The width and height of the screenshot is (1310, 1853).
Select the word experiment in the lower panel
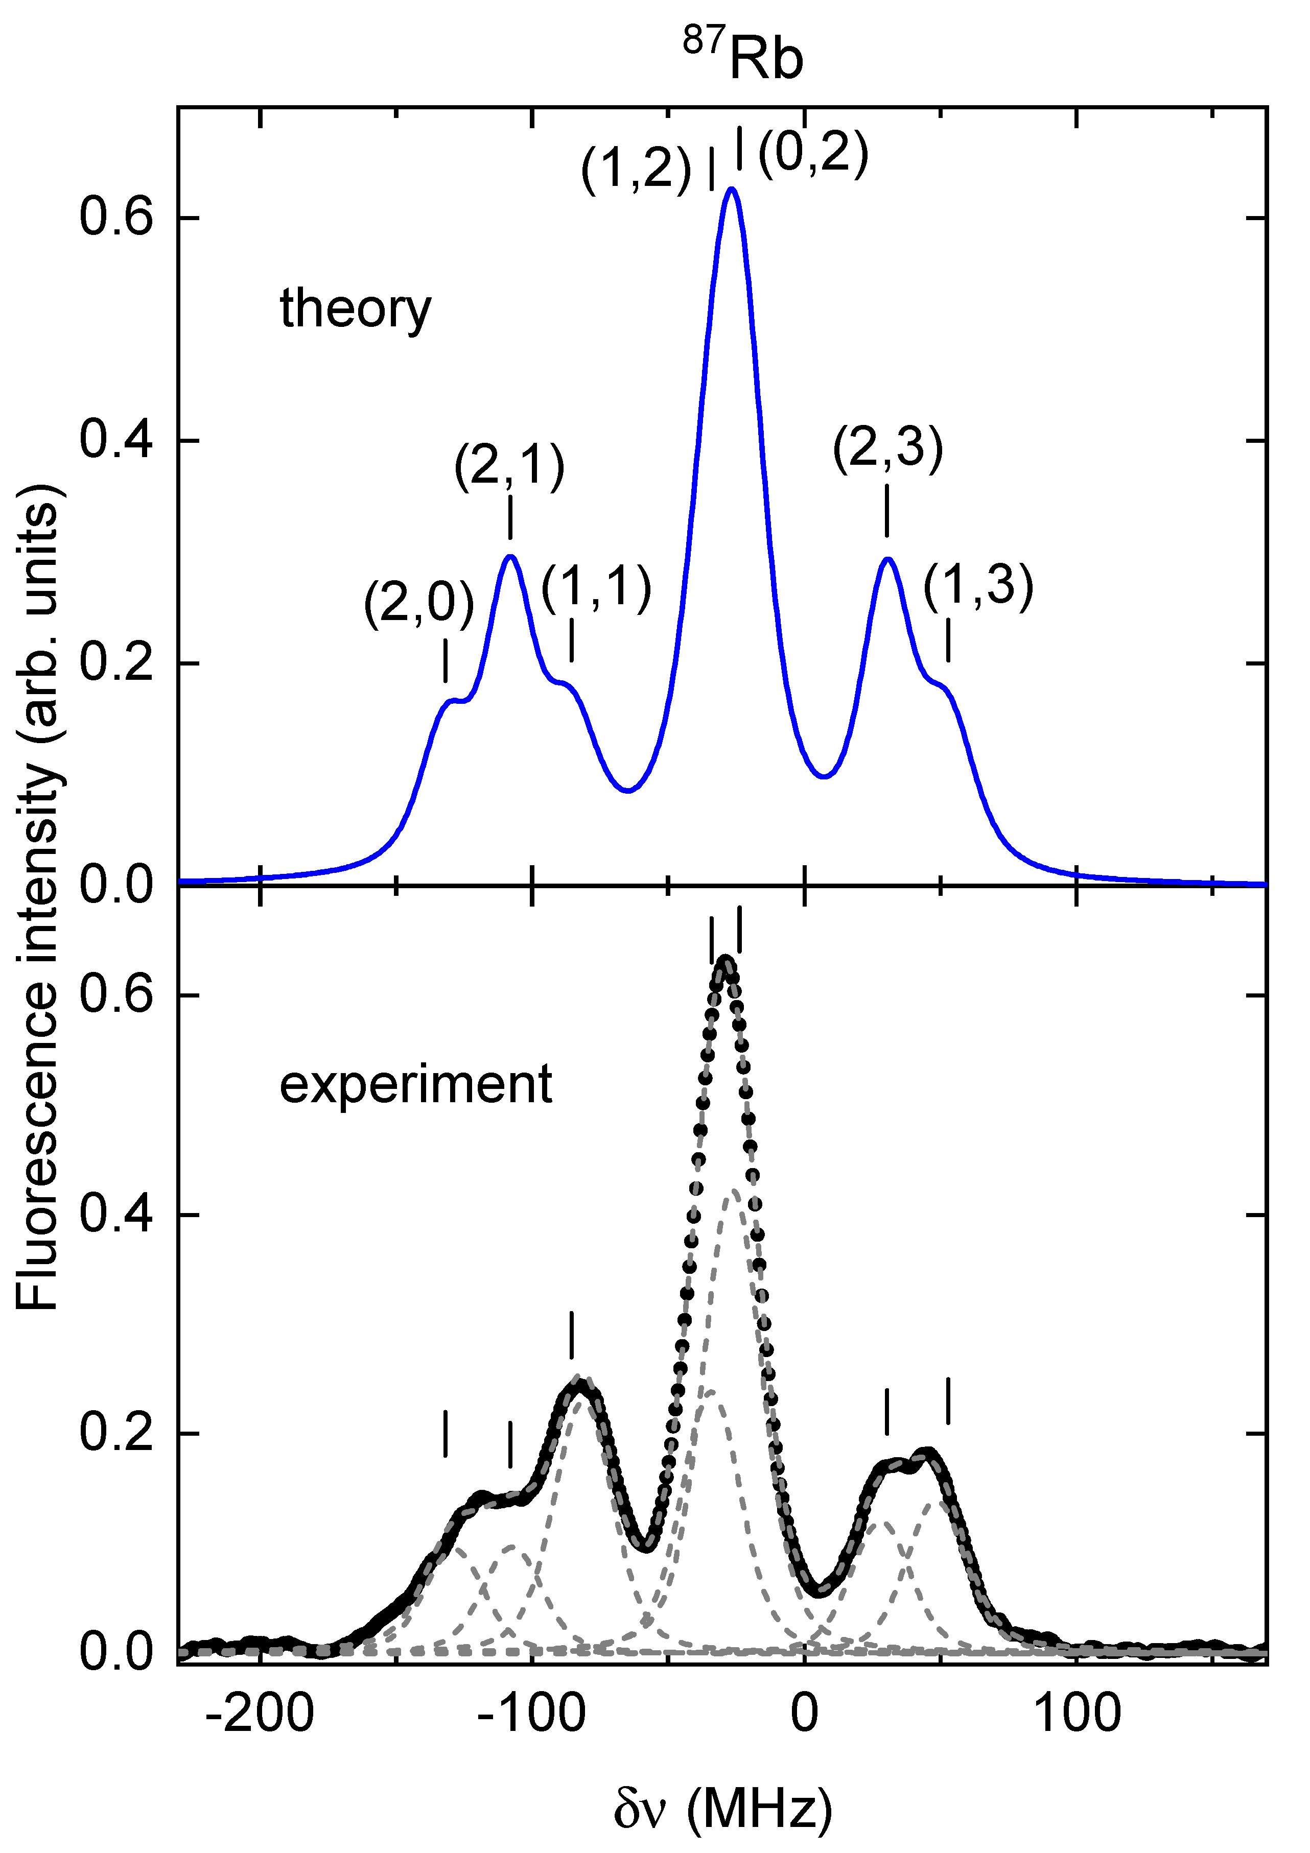point(416,1084)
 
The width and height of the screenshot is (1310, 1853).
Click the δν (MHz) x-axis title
point(722,1812)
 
